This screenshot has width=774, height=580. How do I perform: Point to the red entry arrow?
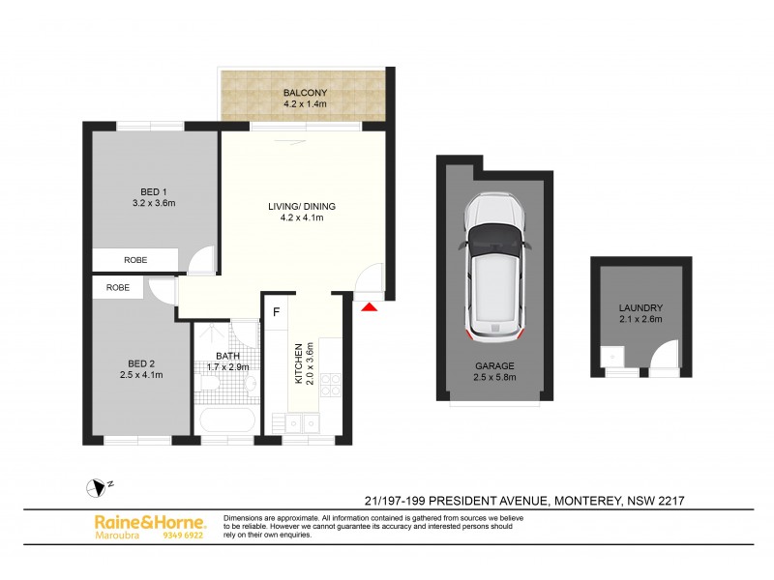[x=370, y=306]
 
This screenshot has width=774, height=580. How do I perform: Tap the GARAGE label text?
[x=493, y=366]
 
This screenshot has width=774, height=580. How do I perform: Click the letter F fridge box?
[x=277, y=312]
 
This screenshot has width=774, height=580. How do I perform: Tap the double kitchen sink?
[x=301, y=421]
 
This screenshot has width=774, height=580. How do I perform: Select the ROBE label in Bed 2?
[x=118, y=288]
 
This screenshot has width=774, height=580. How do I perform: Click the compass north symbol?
[x=96, y=488]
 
